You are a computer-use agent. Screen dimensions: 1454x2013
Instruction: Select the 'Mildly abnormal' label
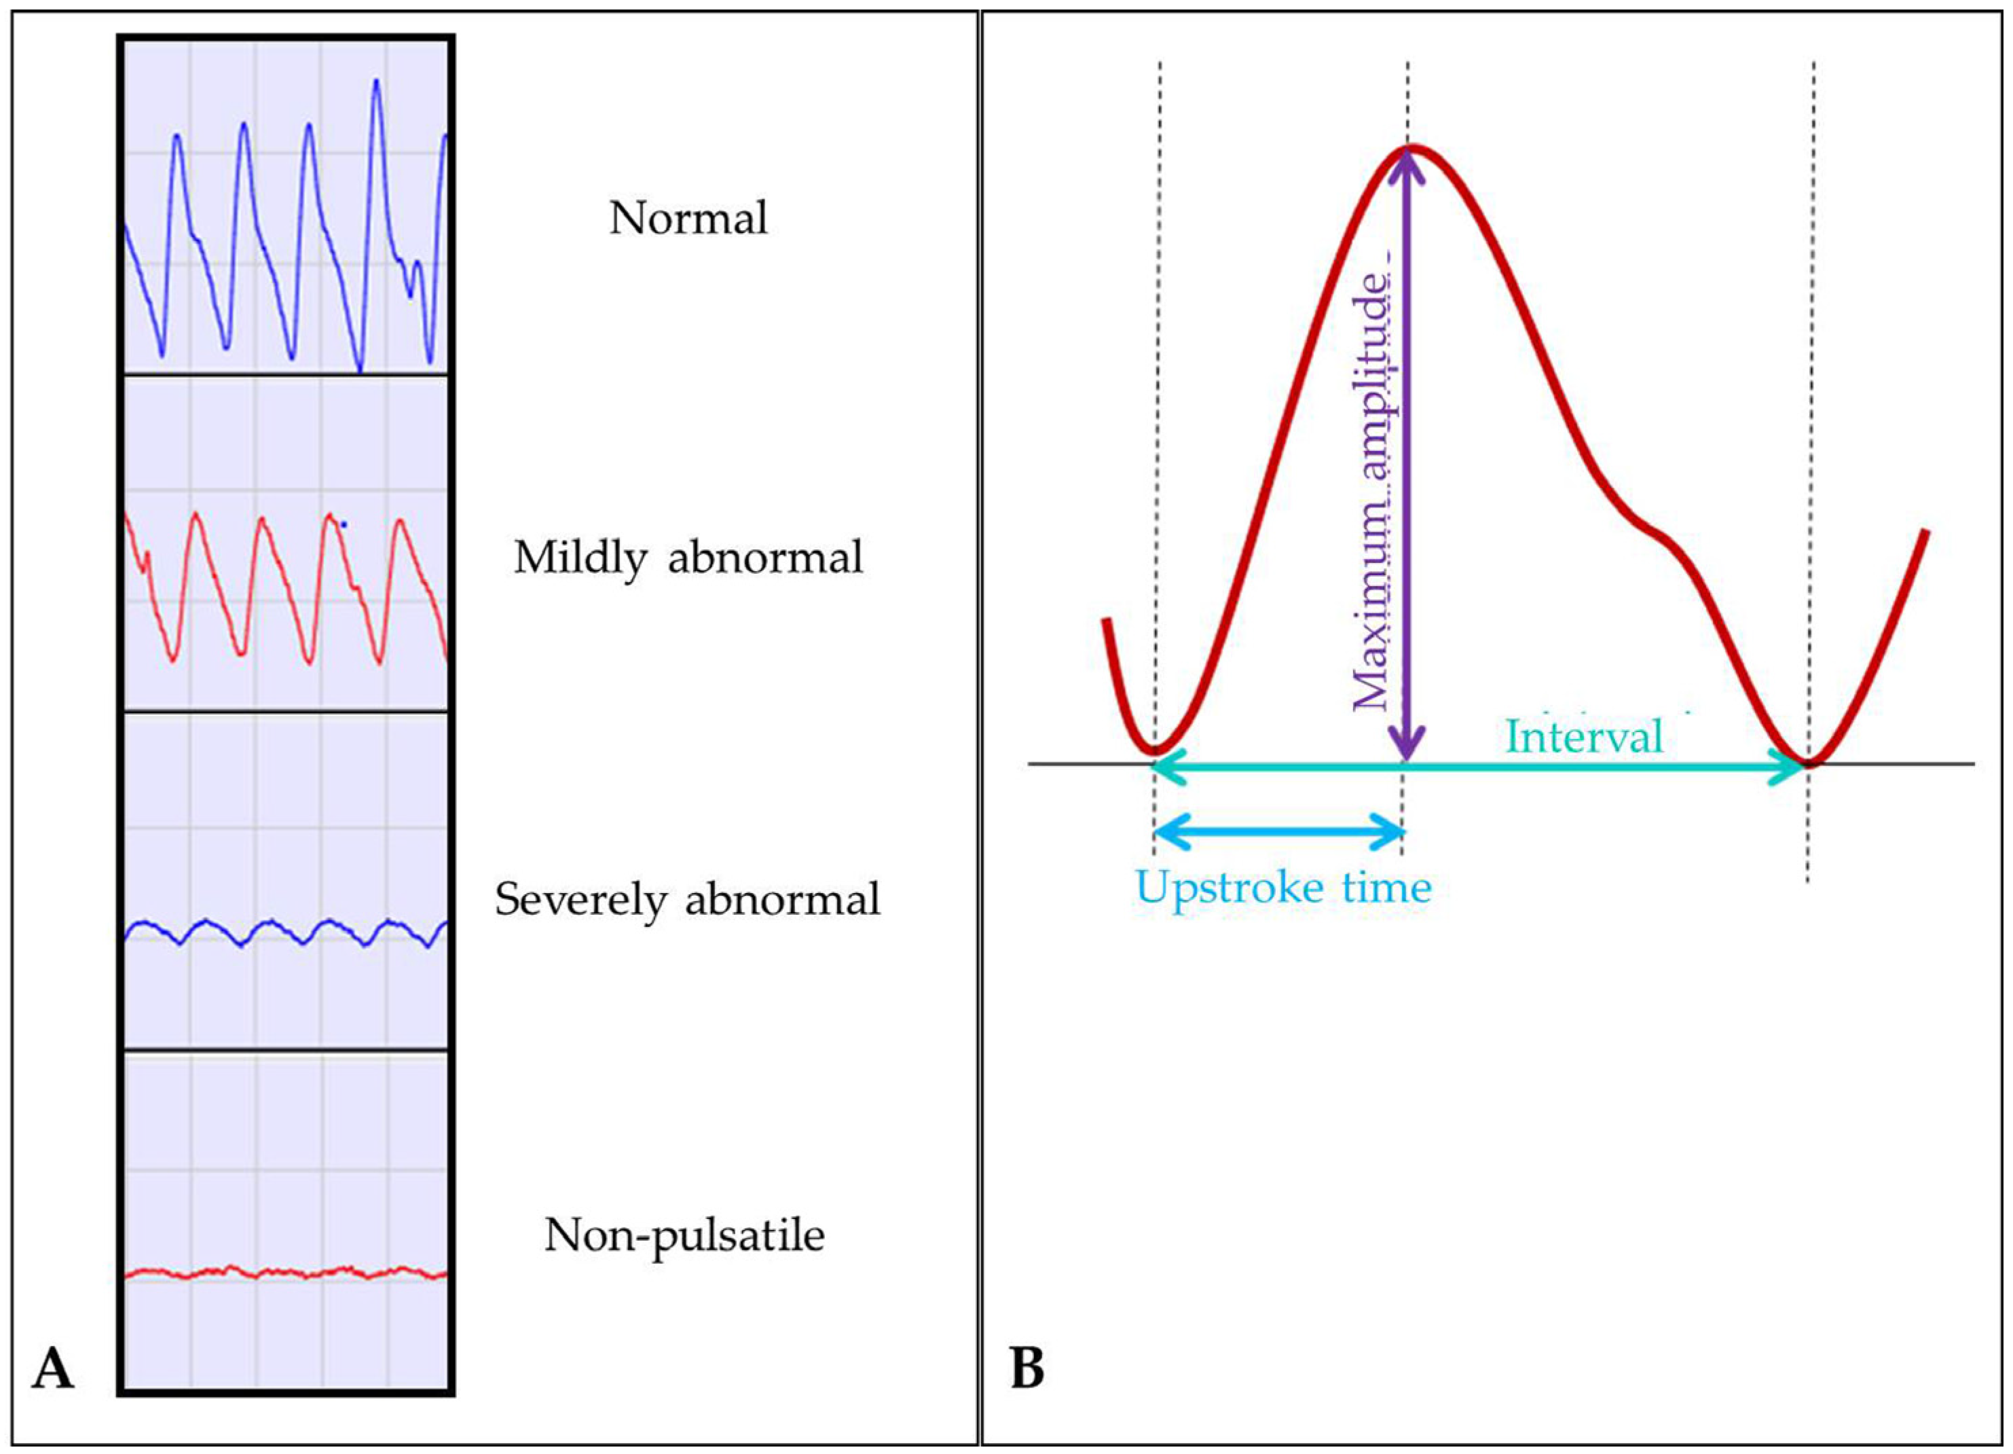(x=688, y=558)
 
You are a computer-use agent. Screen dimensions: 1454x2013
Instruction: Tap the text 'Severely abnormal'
(x=688, y=900)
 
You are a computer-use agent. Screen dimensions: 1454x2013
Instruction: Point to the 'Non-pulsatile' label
(x=684, y=1235)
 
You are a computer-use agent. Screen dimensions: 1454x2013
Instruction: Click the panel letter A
(x=52, y=1368)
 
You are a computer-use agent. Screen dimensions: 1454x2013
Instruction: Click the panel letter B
(x=1027, y=1368)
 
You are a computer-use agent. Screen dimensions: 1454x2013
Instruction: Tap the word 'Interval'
(x=1585, y=737)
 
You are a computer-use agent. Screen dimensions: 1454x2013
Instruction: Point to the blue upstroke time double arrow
(x=1279, y=831)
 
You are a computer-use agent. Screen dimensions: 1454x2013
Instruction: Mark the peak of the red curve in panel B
(x=1411, y=147)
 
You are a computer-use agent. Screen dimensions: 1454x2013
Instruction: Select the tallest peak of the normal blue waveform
(x=377, y=81)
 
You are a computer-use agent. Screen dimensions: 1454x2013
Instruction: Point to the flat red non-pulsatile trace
(x=284, y=1272)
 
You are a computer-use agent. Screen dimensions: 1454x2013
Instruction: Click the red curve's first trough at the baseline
(x=1154, y=750)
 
